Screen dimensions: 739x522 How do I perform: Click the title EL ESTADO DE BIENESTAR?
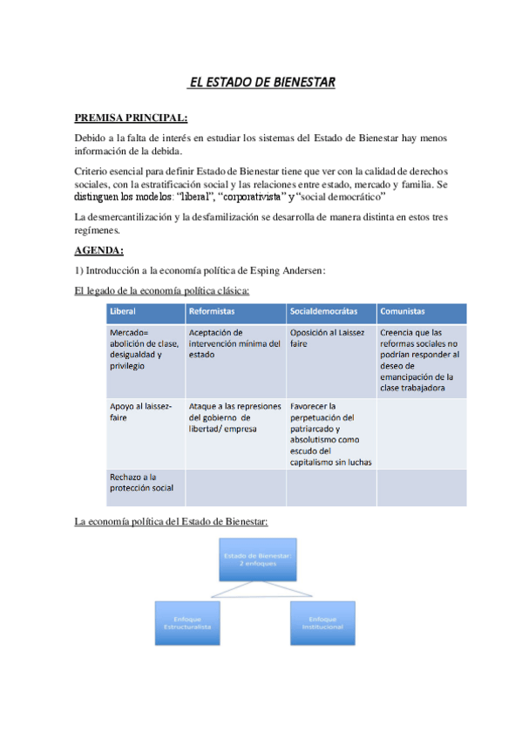261,84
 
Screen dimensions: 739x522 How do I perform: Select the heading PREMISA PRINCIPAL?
131,117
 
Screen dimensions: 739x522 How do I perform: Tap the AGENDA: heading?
98,251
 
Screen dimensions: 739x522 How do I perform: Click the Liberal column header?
123,312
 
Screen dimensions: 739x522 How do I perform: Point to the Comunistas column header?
403,312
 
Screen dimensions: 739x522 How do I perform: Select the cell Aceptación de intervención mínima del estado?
234,343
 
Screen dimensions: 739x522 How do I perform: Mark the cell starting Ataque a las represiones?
234,417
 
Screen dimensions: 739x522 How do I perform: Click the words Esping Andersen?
283,270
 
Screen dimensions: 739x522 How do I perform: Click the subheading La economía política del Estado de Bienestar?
172,521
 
